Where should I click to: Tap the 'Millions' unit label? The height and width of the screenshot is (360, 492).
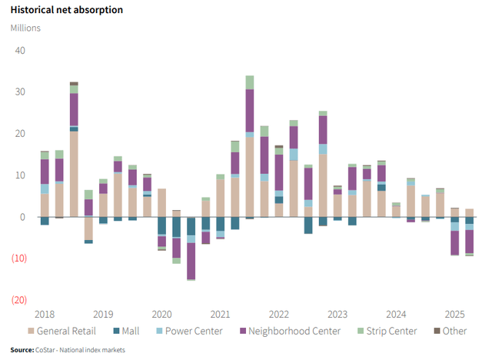25,28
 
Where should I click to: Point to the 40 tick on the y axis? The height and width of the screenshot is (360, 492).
20,51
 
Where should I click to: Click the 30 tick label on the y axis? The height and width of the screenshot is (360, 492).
20,92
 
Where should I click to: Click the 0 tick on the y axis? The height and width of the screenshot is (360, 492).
22,217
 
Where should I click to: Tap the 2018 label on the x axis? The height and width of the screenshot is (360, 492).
45,314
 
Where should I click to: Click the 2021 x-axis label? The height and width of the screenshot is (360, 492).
220,314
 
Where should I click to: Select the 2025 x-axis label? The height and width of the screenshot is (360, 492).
454,314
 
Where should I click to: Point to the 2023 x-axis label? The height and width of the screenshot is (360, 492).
337,314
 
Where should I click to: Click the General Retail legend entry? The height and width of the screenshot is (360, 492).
65,332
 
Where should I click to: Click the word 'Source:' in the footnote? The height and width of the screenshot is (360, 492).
22,350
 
